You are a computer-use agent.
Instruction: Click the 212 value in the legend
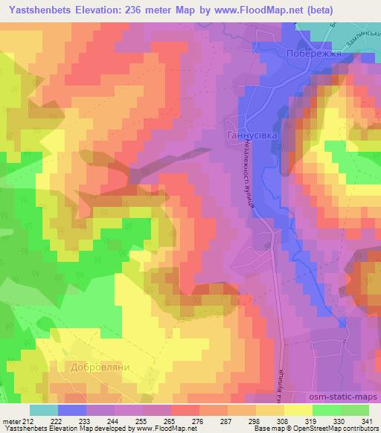(29, 421)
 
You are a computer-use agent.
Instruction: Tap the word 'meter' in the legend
(11, 421)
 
